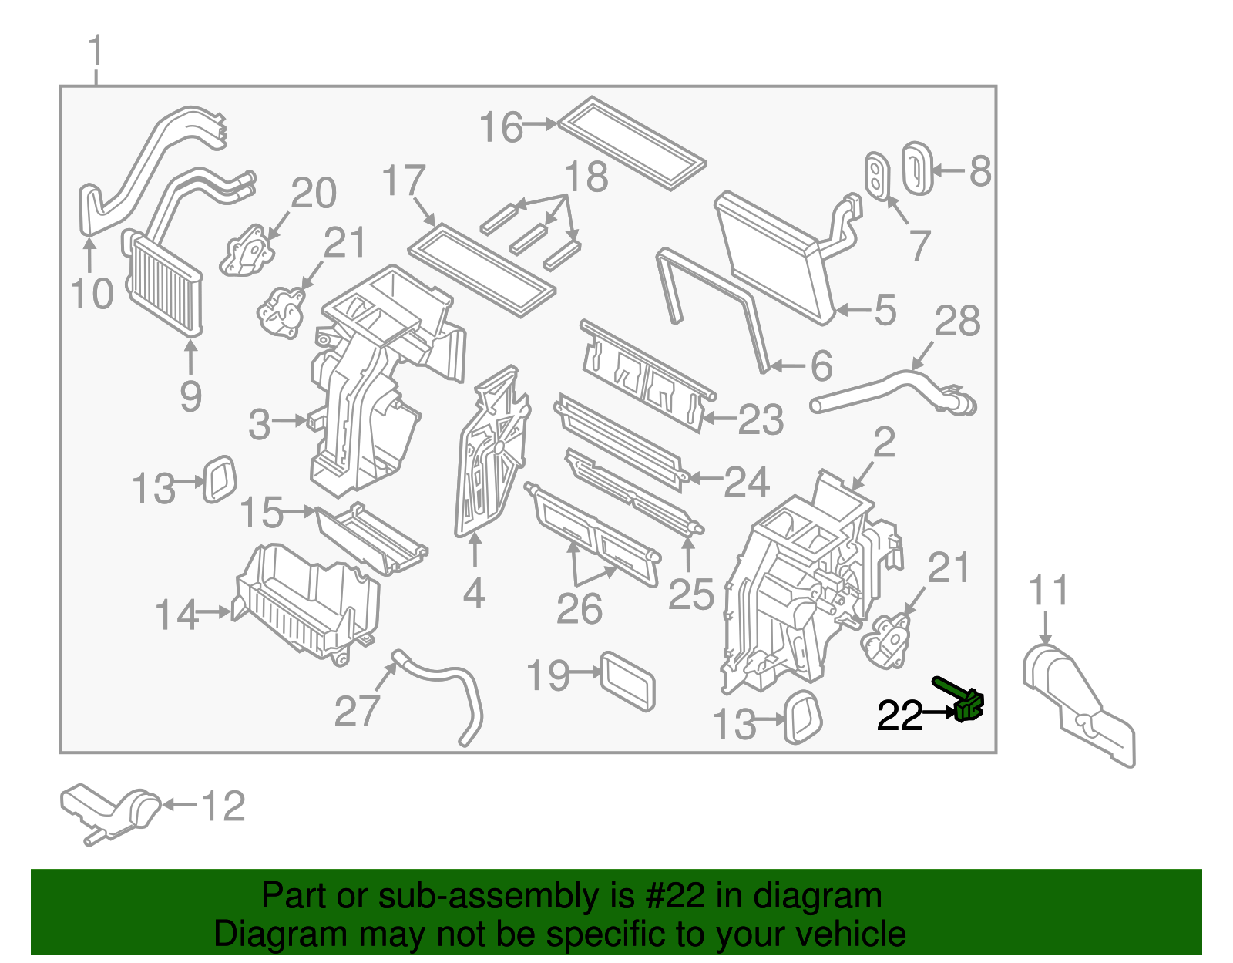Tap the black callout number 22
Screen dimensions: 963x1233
899,716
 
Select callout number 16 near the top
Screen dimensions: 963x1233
501,127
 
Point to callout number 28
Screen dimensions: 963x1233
957,322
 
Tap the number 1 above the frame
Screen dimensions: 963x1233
96,52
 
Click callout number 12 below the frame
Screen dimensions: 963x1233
223,806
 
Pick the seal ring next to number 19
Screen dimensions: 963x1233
628,681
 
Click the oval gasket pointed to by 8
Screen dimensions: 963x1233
917,167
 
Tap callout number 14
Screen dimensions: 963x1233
176,615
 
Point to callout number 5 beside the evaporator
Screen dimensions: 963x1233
885,310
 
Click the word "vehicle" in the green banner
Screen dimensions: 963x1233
850,934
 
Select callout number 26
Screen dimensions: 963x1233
580,609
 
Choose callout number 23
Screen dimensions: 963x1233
760,420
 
